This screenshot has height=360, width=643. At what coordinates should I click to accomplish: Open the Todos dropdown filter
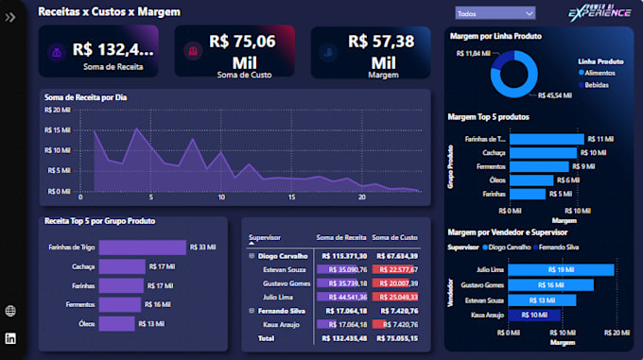(495, 13)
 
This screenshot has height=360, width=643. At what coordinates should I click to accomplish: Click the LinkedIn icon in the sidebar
(10, 337)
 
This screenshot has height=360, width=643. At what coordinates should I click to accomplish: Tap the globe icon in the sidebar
(10, 311)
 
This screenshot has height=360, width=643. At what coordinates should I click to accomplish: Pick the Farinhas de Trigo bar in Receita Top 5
(142, 248)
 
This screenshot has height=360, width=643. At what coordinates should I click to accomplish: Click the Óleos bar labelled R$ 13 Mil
(117, 323)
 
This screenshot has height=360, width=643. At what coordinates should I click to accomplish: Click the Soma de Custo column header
(394, 237)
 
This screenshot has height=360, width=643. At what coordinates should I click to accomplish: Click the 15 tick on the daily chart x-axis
(292, 197)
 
